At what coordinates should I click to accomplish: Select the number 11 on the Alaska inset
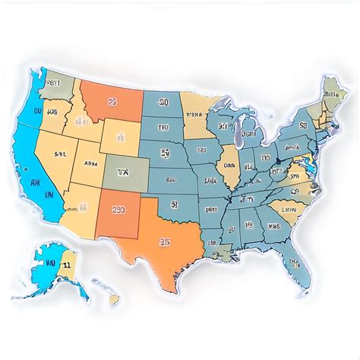coord(67,265)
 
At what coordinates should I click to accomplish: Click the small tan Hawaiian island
coord(113,299)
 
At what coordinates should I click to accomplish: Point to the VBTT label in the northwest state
coord(52,84)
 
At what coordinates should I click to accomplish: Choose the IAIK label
coord(209,182)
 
